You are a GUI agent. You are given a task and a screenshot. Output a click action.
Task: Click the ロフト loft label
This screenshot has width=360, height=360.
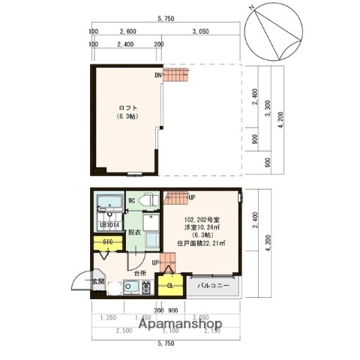pos(125,107)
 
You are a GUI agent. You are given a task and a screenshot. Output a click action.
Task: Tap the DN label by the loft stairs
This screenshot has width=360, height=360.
pos(159,75)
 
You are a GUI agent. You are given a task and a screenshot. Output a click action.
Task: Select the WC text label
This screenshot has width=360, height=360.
pos(131,200)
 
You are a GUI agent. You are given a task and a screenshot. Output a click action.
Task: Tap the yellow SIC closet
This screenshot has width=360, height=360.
pos(107,243)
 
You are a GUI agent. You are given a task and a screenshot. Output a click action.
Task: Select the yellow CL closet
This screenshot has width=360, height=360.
pos(169,286)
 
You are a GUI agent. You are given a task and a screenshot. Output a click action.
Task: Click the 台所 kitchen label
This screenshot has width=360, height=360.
pos(141,274)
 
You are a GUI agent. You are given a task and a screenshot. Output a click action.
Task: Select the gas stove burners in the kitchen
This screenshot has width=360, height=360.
pos(145,289)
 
